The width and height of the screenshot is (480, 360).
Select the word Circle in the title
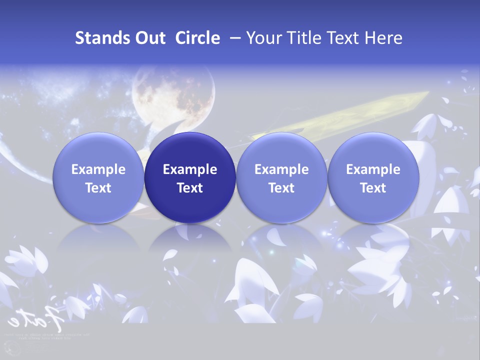pos(197,38)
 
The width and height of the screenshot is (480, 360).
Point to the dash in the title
pos(233,38)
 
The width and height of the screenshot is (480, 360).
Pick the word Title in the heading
pos(305,38)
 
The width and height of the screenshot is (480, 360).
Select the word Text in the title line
pos(344,38)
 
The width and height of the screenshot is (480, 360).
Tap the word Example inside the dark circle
pos(190,169)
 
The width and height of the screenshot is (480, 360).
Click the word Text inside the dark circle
pos(190,188)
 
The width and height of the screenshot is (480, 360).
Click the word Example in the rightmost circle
pos(373,169)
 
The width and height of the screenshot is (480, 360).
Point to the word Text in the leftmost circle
pos(98,188)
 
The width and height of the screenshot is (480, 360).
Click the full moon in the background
pos(172,95)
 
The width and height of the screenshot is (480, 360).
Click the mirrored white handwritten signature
pos(35,317)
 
